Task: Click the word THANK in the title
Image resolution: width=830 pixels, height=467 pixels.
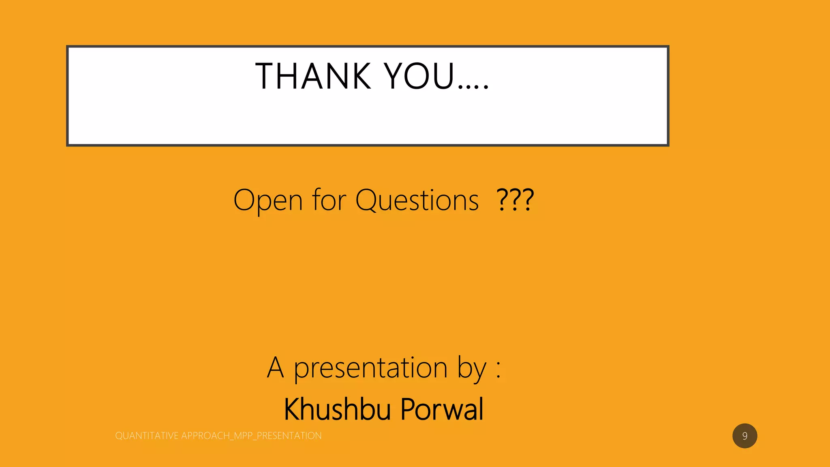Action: [x=313, y=76]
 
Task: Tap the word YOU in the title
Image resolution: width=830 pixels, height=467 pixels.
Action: [x=419, y=76]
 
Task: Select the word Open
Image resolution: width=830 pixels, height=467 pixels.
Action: [x=268, y=200]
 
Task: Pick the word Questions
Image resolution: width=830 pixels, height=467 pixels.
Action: [x=417, y=200]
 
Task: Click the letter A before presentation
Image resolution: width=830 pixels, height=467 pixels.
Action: [x=275, y=367]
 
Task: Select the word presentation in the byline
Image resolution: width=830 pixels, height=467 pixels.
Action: [x=370, y=368]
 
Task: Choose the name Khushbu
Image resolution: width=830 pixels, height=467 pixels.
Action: [x=337, y=409]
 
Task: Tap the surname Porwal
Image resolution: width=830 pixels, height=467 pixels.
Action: [x=442, y=409]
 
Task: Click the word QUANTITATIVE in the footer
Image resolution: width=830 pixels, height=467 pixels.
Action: [x=147, y=436]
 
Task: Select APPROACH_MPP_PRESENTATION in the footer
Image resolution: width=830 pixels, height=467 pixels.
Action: [x=251, y=436]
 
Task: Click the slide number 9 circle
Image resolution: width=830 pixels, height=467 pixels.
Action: [x=744, y=436]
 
